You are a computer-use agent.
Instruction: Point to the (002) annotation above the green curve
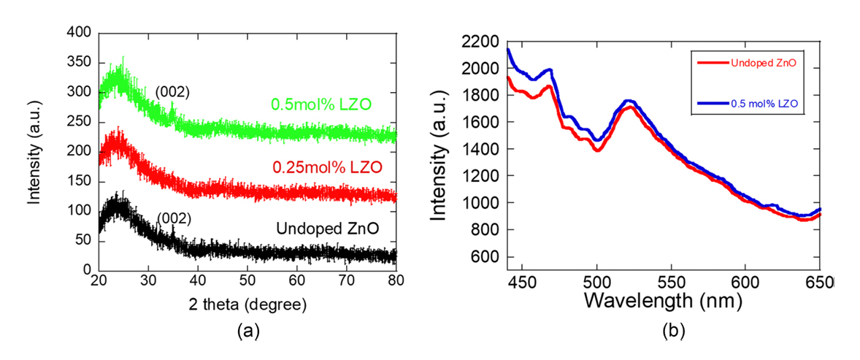pyautogui.click(x=172, y=92)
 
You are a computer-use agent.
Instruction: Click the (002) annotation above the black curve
pyautogui.click(x=174, y=218)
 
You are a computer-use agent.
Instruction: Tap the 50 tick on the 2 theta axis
pyautogui.click(x=247, y=281)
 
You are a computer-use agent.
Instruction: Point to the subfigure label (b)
pyautogui.click(x=672, y=331)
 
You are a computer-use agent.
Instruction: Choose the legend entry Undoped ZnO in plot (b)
pyautogui.click(x=760, y=63)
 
